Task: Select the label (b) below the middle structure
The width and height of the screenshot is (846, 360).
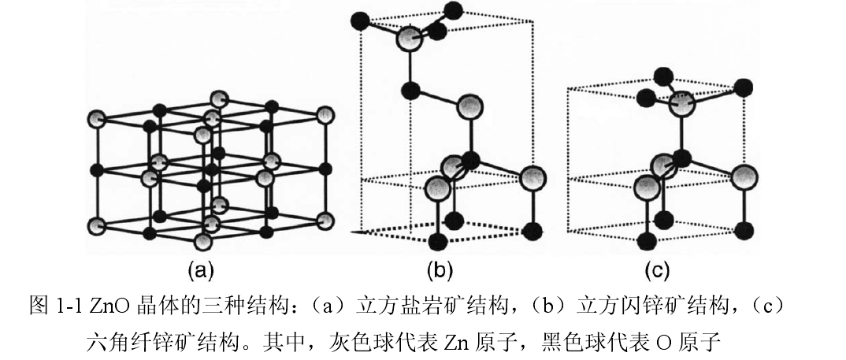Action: (x=440, y=272)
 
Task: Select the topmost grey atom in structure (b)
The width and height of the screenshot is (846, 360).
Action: (x=408, y=38)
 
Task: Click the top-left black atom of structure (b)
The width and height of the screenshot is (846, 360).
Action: (x=361, y=18)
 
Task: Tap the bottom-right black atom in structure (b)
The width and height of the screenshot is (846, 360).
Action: (x=533, y=231)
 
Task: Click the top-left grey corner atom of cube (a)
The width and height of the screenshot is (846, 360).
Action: (x=96, y=119)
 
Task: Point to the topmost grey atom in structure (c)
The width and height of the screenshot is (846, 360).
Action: (x=685, y=103)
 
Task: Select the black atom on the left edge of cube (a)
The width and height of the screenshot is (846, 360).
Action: (x=96, y=169)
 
